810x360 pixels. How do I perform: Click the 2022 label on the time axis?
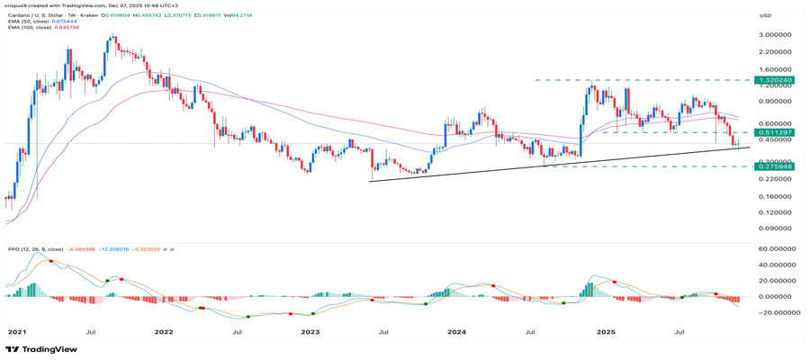click(163, 331)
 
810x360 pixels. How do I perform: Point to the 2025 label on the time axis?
click(606, 331)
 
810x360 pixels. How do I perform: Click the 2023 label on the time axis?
click(310, 331)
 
